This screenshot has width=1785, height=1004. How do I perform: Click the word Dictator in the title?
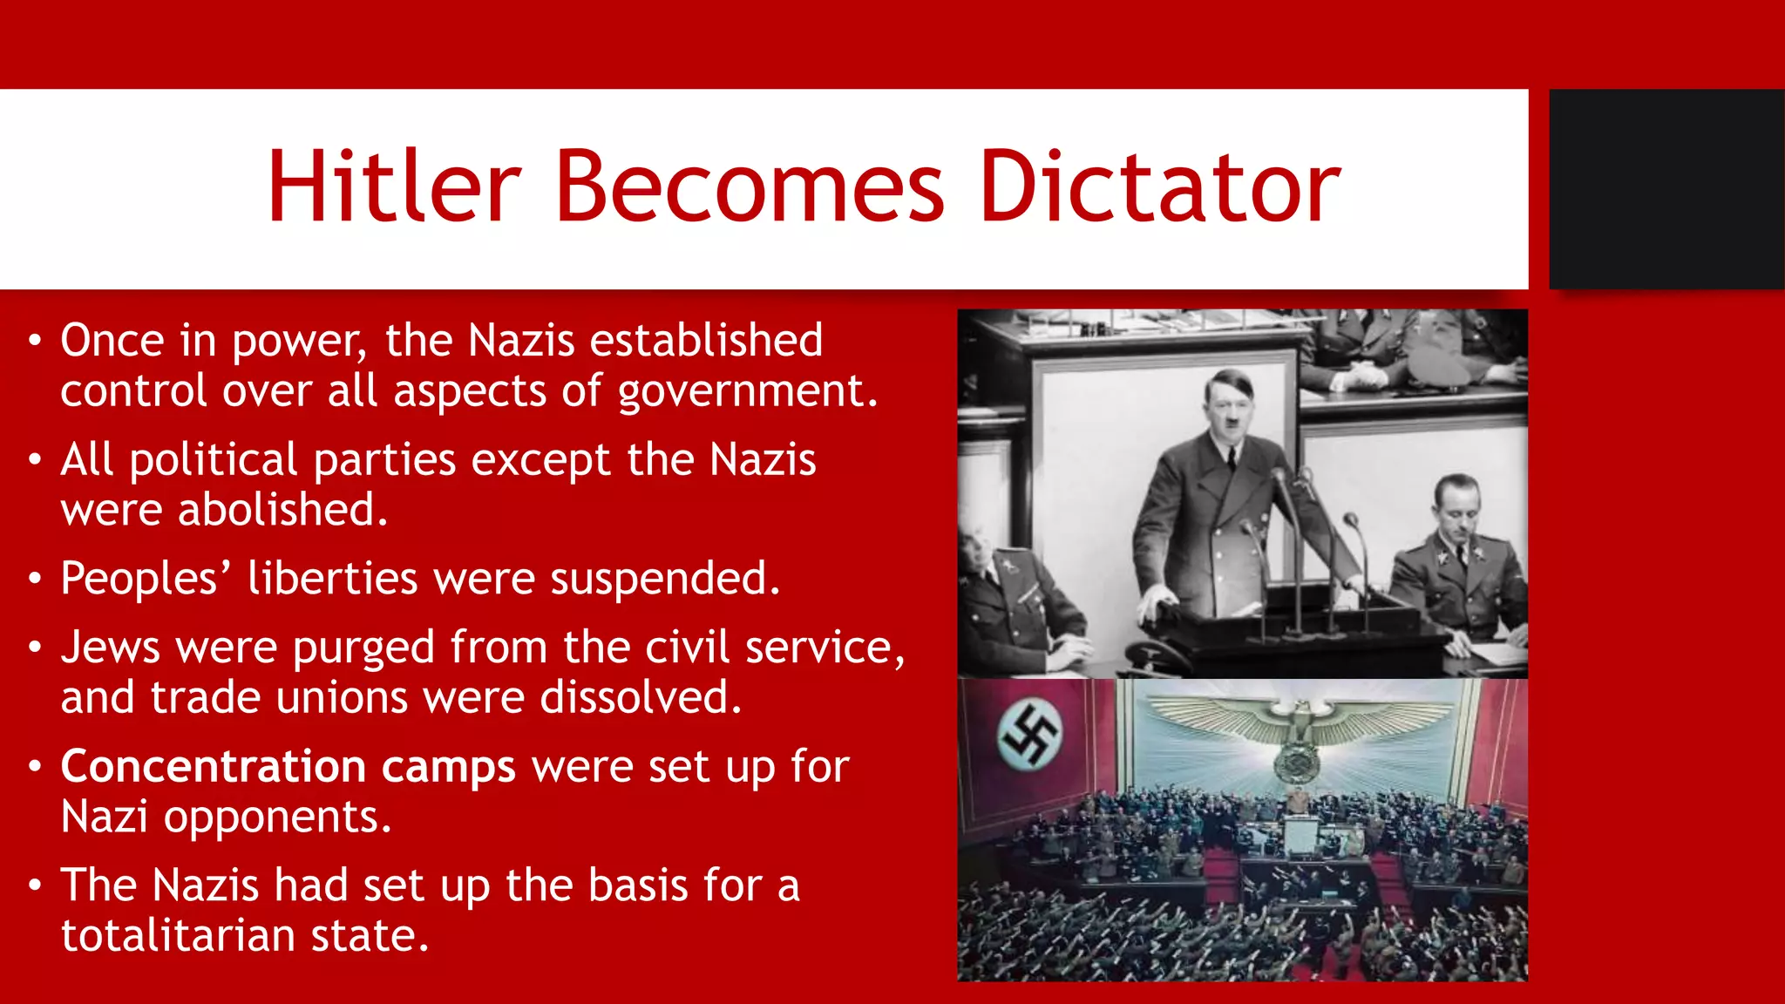(1159, 187)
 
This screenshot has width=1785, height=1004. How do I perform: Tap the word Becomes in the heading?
(750, 187)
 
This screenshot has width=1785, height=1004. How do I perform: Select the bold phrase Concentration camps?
(288, 767)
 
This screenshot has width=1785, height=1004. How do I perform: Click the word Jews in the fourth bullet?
(110, 648)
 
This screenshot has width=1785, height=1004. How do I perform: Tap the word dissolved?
(641, 698)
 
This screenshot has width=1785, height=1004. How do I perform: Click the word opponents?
(277, 817)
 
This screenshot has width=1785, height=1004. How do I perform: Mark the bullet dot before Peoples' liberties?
(34, 579)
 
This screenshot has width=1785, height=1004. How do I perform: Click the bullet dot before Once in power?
(34, 341)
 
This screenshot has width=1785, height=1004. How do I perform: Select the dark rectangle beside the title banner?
(1666, 189)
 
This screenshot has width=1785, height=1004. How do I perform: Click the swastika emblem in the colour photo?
(1028, 735)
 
